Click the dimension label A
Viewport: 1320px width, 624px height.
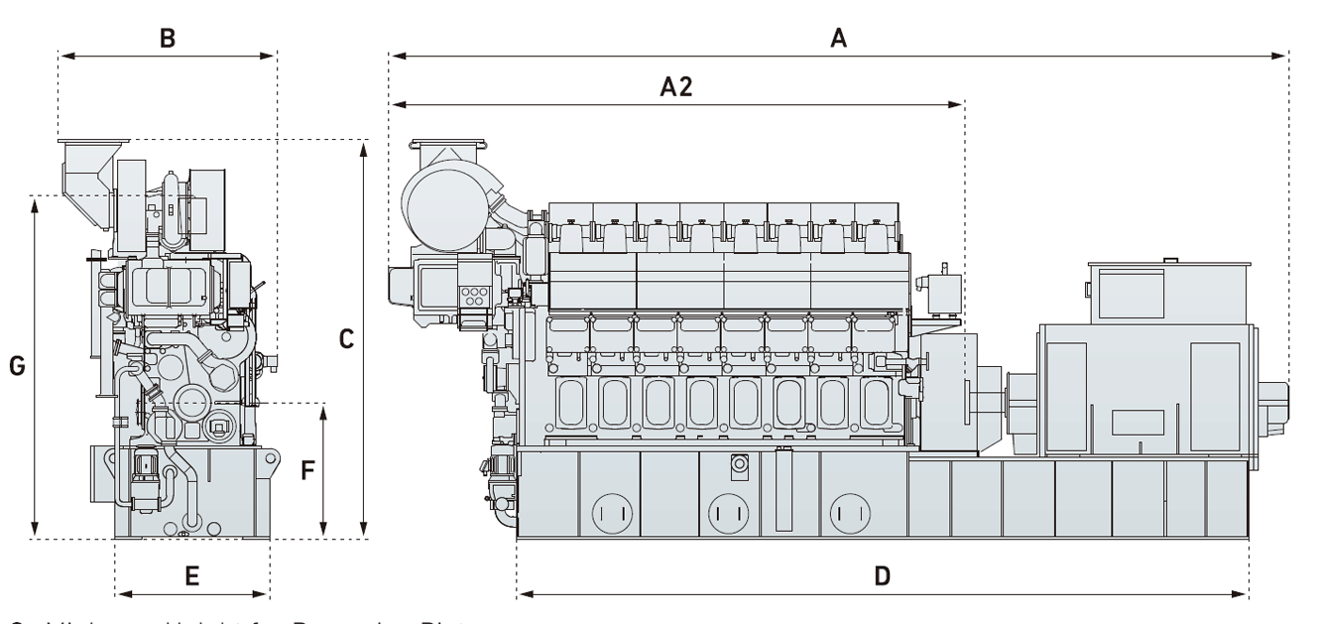tap(839, 39)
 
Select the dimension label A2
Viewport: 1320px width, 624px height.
tap(676, 87)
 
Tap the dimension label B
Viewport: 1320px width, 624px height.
tap(168, 39)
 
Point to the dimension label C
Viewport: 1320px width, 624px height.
tap(346, 339)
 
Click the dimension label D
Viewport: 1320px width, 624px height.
tap(882, 575)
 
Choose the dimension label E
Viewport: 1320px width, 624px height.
tap(192, 575)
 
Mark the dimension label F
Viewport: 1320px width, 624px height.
tap(308, 469)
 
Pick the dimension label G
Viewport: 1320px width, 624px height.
tap(17, 366)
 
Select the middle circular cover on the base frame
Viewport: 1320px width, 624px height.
tap(727, 513)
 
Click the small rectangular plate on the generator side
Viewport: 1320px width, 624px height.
tap(1136, 422)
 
